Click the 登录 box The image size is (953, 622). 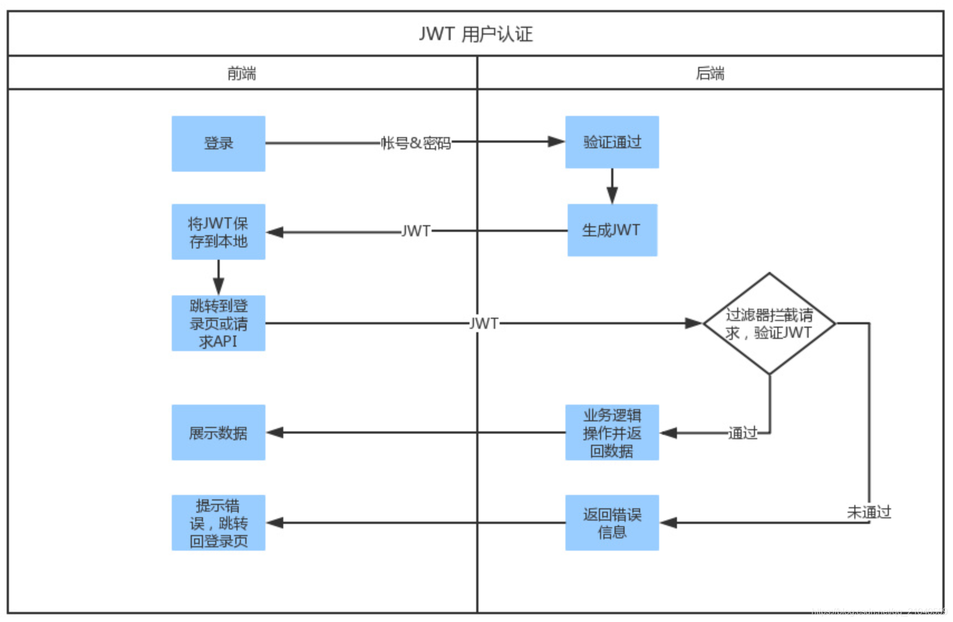tap(218, 143)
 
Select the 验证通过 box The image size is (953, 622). tap(612, 142)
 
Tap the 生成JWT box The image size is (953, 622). tap(612, 230)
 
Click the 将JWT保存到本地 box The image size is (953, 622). tap(218, 232)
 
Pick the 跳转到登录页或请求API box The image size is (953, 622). tap(218, 323)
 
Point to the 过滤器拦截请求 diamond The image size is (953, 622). tap(769, 323)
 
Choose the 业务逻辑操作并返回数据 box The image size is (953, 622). tap(612, 433)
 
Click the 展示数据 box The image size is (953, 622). tap(218, 433)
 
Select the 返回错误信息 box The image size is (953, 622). tap(612, 523)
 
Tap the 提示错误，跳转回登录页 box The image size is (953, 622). tap(218, 523)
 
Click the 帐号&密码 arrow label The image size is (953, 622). tap(415, 143)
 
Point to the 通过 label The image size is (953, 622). tap(743, 433)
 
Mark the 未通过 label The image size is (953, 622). tap(869, 512)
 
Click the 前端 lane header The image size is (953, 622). tap(241, 73)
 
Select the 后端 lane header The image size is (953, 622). tap(710, 73)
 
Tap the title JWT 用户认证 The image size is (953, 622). tap(476, 34)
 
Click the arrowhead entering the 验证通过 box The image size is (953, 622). tap(556, 142)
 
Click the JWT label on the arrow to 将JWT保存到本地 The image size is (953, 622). tap(416, 231)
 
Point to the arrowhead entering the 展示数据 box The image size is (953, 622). tap(275, 433)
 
